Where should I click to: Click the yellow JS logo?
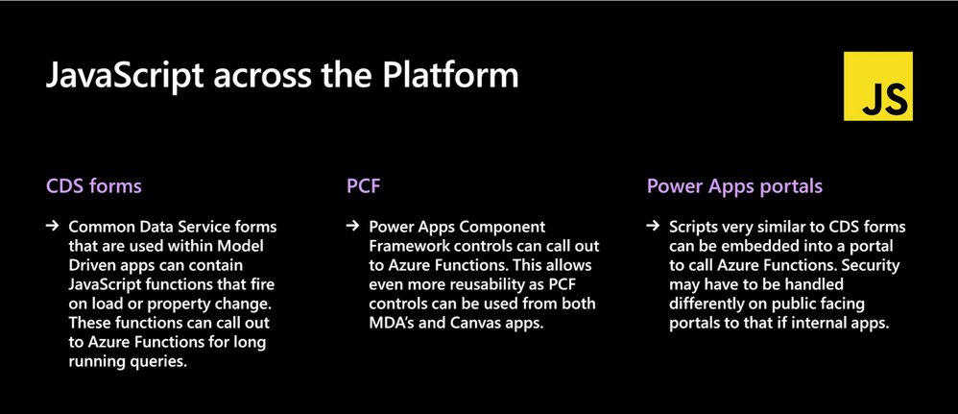(877, 86)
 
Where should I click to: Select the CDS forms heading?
(94, 186)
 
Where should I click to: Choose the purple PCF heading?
(364, 186)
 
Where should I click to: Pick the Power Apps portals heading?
(734, 186)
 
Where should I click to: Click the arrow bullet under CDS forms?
(52, 227)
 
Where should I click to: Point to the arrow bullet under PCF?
(352, 227)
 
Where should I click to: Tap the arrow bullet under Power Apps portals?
(653, 227)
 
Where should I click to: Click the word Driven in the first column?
(89, 267)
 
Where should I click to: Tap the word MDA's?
(391, 324)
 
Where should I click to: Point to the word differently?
(703, 304)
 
